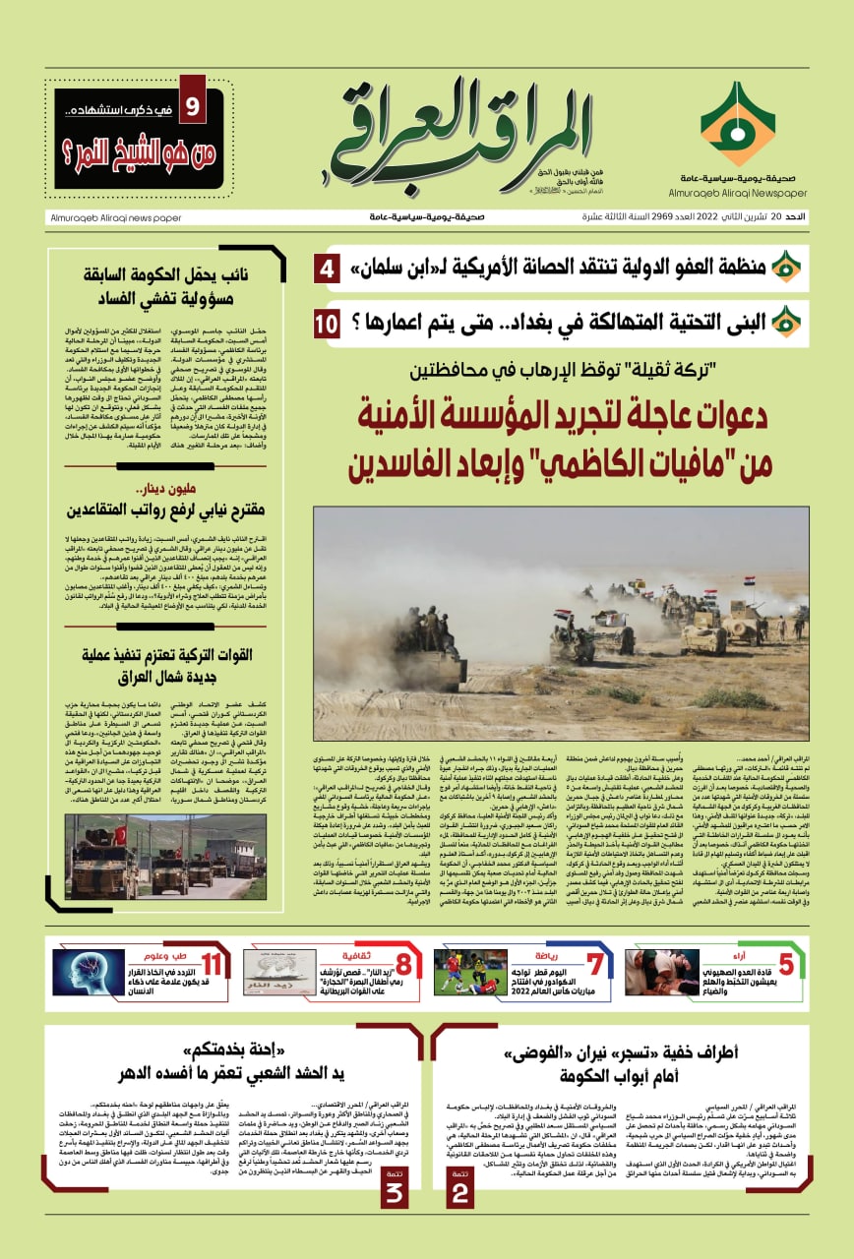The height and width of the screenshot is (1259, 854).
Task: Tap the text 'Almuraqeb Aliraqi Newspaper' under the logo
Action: click(737, 195)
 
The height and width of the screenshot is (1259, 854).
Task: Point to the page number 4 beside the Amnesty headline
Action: click(327, 268)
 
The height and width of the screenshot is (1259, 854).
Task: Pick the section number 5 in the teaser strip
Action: click(785, 967)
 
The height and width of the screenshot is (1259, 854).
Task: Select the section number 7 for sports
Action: click(594, 968)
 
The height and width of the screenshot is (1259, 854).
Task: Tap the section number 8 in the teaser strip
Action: click(403, 968)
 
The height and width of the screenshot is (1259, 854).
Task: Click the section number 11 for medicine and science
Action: click(213, 967)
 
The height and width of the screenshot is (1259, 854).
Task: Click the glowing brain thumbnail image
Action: click(89, 970)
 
